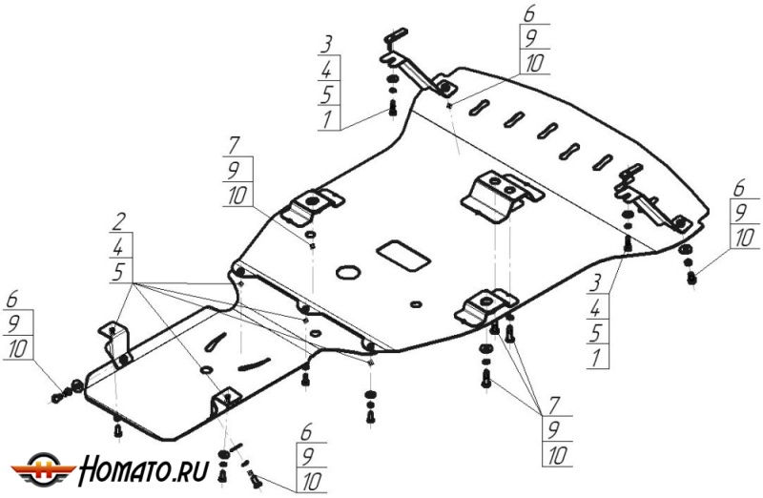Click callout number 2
click(x=117, y=222)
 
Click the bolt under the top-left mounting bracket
click(x=392, y=111)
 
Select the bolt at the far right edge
click(x=691, y=278)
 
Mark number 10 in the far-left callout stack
click(x=17, y=350)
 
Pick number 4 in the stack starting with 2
click(x=117, y=247)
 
